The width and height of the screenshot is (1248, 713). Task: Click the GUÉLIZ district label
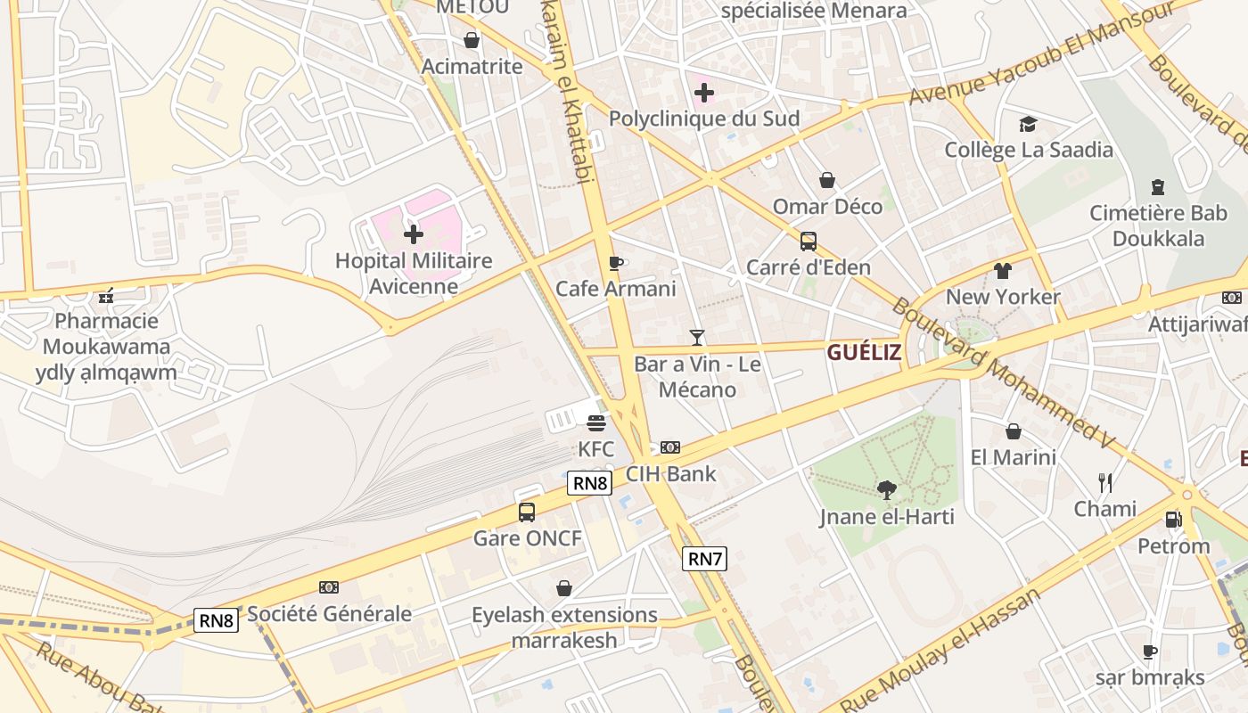click(864, 352)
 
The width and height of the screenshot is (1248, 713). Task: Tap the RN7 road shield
click(704, 559)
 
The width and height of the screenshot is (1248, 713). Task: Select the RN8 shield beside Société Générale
click(217, 620)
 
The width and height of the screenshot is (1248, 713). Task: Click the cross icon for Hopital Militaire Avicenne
click(414, 234)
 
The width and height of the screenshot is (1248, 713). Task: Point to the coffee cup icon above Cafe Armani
click(615, 263)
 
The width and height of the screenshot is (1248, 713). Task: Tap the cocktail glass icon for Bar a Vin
click(697, 338)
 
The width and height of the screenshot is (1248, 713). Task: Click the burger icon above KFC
click(596, 422)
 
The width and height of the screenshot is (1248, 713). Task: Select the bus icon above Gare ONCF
click(527, 512)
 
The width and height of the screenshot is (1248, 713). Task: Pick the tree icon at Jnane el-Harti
click(886, 489)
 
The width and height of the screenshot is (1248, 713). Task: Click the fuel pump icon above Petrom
click(1173, 520)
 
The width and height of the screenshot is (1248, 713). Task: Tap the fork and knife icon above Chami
click(1105, 483)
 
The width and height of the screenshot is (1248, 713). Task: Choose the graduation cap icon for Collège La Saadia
click(1029, 124)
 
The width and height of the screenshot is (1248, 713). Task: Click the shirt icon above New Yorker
click(1003, 271)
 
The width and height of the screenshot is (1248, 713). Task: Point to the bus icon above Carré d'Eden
click(809, 242)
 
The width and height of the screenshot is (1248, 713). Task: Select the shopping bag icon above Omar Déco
click(827, 181)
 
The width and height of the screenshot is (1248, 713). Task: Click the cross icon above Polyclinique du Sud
click(704, 92)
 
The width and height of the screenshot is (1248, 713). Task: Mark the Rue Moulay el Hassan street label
click(940, 652)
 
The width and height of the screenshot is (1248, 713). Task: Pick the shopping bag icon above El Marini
click(1014, 432)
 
